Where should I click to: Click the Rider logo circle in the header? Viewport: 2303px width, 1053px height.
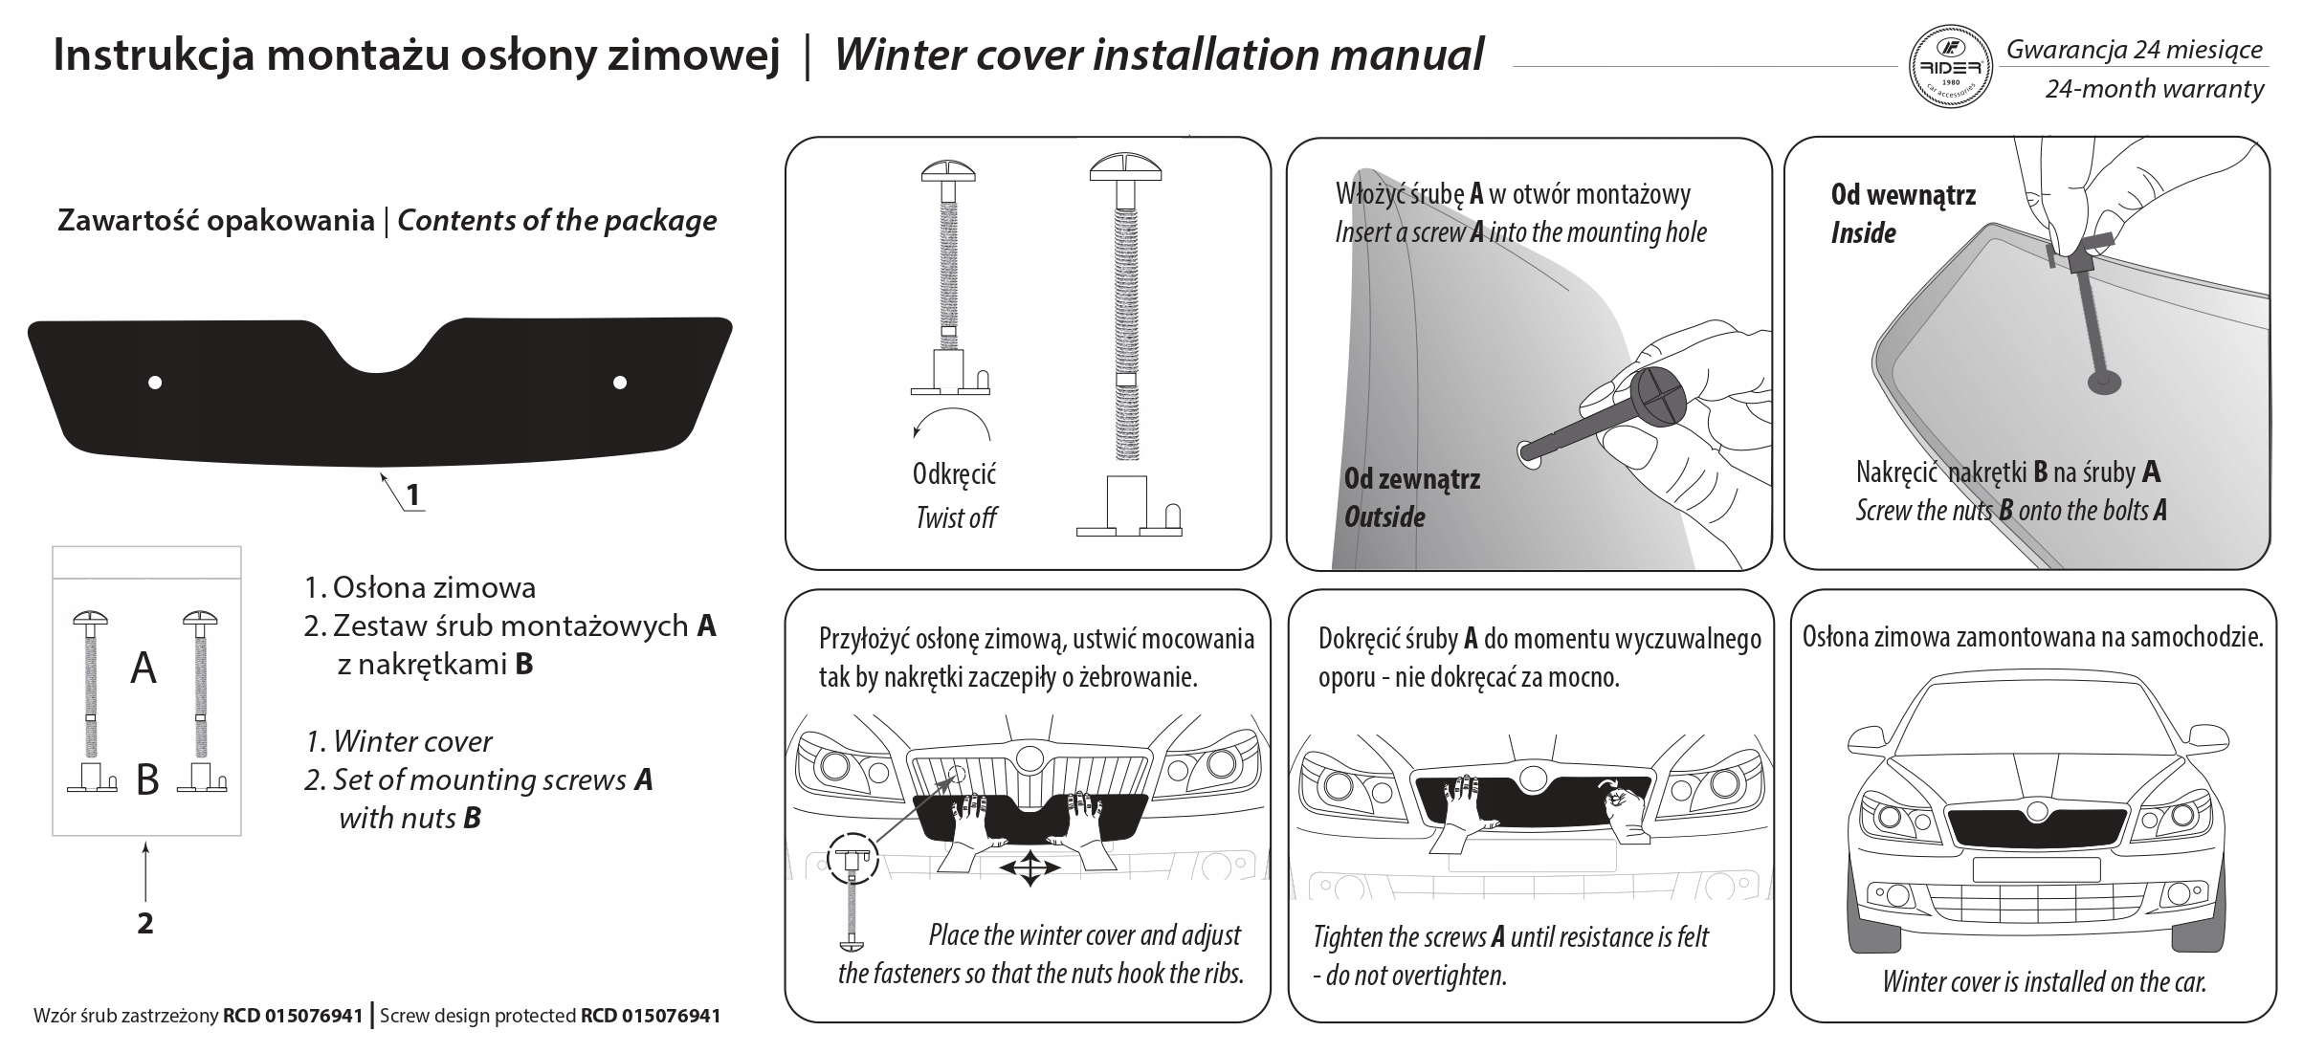(x=1950, y=67)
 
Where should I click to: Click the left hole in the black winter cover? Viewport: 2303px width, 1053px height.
(x=155, y=383)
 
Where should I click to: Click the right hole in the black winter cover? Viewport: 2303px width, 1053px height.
(x=620, y=383)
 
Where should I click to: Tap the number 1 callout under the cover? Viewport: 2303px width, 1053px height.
(x=412, y=495)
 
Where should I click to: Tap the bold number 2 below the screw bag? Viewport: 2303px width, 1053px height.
(x=145, y=923)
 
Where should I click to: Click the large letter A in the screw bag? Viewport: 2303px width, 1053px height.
(x=144, y=668)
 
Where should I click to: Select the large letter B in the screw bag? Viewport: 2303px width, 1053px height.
(x=147, y=780)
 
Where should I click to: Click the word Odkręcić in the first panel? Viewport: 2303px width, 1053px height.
(x=954, y=474)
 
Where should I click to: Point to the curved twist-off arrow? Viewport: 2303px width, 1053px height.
(x=950, y=421)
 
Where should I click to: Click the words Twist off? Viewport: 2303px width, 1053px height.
(x=956, y=518)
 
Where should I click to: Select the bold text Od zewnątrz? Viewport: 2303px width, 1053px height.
(x=1411, y=479)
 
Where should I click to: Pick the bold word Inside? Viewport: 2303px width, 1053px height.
(x=1863, y=233)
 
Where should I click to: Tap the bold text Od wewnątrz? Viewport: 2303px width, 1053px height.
(x=1903, y=195)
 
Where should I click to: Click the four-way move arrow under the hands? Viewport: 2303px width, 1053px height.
(x=1029, y=868)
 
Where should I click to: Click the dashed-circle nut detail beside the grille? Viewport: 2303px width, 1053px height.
(x=853, y=857)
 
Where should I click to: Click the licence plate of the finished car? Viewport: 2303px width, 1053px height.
(x=2036, y=869)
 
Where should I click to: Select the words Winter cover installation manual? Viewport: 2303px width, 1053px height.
(x=1159, y=55)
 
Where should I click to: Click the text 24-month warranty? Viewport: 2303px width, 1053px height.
(x=2154, y=90)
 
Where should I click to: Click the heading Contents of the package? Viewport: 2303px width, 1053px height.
(x=557, y=221)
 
